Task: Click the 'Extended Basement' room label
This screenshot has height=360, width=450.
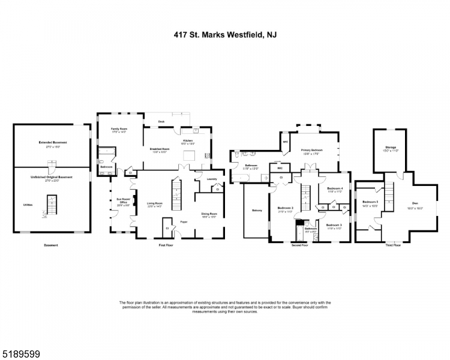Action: click(x=53, y=142)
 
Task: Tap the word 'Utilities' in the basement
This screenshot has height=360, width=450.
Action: click(x=28, y=205)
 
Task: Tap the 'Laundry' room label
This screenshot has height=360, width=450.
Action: click(x=211, y=179)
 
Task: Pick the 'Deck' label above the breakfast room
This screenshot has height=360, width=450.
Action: click(x=161, y=121)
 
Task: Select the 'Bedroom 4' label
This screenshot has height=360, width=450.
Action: click(x=335, y=188)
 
